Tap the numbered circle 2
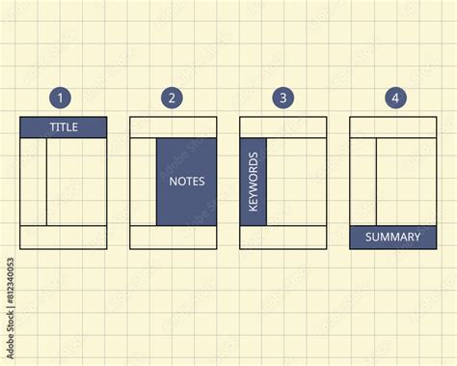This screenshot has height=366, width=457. coord(172,98)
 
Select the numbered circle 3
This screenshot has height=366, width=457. coord(282,98)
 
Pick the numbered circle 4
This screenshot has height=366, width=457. coord(393,98)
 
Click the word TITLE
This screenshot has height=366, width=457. coord(64,127)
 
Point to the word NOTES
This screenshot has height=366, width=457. coord(187,182)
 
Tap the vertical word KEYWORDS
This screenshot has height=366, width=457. coord(254,182)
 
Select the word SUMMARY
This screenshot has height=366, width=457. coord(393,238)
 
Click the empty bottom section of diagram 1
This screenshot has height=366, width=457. coord(64,238)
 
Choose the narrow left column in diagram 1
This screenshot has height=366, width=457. coord(34,182)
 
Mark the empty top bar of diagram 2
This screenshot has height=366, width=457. coord(174,127)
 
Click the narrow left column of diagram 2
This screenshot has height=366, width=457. coord(144,182)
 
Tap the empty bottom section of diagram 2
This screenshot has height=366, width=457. coord(174,238)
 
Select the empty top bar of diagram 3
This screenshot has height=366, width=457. coord(283,127)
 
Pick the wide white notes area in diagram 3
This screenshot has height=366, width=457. coord(297,182)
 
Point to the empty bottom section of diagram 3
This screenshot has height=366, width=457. coord(283,238)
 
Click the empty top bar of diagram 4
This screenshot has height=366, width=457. coord(393,127)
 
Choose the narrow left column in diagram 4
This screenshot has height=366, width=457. coord(363,182)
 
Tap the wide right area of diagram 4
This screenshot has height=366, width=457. coord(407,182)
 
